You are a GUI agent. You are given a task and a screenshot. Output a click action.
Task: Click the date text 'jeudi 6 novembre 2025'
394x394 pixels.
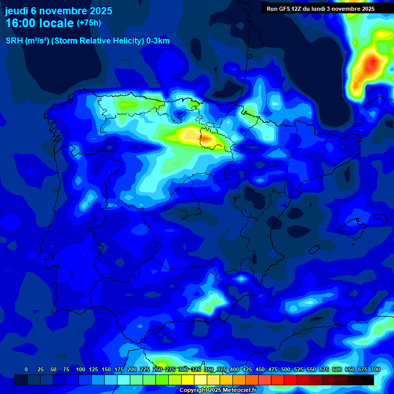click(58, 11)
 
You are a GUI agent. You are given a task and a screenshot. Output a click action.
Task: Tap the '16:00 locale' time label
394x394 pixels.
click(39, 23)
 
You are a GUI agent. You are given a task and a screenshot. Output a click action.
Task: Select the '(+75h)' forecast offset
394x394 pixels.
click(89, 23)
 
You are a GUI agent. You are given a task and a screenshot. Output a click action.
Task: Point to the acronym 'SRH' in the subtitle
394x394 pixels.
click(14, 41)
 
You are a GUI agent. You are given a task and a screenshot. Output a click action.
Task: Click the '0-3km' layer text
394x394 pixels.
click(157, 41)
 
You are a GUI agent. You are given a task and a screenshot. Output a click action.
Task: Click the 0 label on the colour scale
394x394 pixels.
click(26, 369)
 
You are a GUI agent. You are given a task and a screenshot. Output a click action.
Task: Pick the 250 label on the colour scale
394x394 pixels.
click(157, 369)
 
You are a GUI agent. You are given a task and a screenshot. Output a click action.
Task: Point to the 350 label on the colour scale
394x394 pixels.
click(209, 369)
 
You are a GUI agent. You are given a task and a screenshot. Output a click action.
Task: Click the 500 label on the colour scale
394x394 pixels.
click(286, 369)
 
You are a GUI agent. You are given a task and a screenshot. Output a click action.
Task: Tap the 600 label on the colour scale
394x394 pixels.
click(337, 369)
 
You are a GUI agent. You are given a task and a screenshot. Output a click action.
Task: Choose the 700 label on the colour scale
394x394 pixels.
click(375, 369)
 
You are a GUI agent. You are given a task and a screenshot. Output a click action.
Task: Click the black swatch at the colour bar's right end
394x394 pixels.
click(367, 380)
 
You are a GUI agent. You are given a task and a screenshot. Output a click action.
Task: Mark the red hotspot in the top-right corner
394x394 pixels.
click(370, 64)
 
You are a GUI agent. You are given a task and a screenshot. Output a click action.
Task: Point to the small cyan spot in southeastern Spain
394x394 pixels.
click(241, 279)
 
